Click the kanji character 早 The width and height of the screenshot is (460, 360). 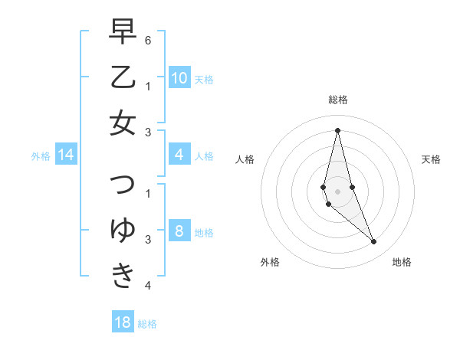[123, 32]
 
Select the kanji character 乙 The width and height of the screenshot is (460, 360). [123, 77]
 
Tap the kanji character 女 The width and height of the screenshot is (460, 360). [123, 123]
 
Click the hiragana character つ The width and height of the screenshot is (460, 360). [123, 185]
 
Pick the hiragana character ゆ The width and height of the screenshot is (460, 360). [123, 230]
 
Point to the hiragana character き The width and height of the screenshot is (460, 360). [123, 275]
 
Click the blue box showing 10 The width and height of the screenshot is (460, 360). [179, 78]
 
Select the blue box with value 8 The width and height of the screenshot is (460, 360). [179, 232]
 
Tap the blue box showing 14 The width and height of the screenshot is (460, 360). [66, 155]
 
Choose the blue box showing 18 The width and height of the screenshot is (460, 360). [123, 322]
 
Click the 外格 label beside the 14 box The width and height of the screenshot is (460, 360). [41, 156]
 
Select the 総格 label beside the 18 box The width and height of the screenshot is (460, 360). [147, 324]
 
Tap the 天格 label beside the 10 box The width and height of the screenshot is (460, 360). [204, 80]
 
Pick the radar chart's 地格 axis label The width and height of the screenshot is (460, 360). [402, 262]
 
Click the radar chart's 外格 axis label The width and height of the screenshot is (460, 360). [270, 262]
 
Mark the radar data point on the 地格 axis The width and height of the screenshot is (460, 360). [374, 242]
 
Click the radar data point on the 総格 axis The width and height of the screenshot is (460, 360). [337, 129]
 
